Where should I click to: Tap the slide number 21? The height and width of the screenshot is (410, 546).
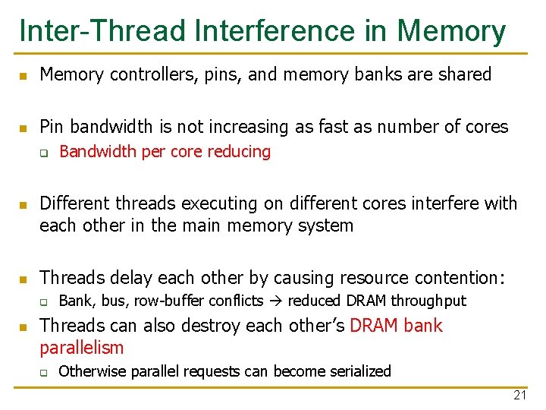pos(519,396)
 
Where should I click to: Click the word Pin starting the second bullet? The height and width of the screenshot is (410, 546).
pos(52,126)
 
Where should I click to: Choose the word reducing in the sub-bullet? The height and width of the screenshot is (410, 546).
pos(239,152)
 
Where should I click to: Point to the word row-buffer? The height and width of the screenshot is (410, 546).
pos(162,301)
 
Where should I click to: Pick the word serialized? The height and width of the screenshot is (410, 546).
pos(359,371)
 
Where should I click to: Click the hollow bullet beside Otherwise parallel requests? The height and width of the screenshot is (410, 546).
pos(45,372)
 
